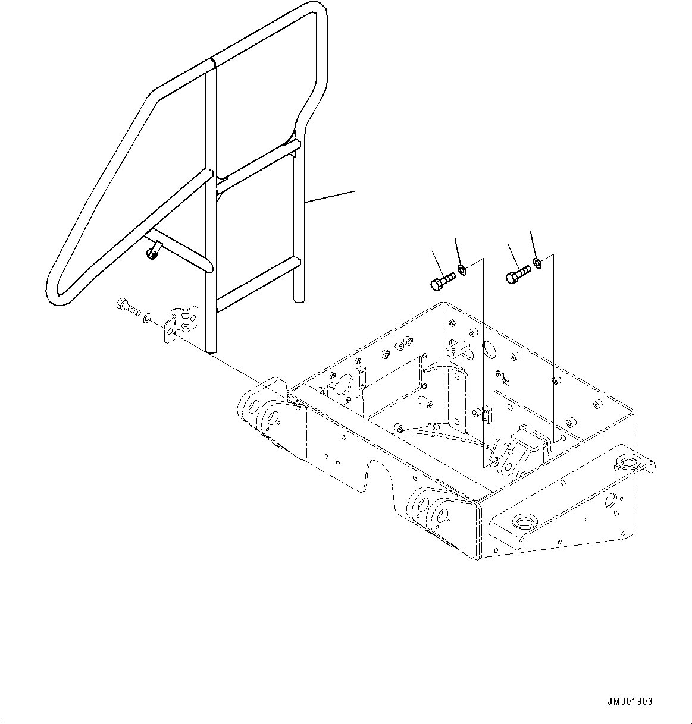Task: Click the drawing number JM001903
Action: tap(630, 702)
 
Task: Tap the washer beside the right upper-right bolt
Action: tap(537, 263)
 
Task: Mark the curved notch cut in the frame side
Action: tap(380, 472)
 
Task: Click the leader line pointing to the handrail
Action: tap(330, 197)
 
